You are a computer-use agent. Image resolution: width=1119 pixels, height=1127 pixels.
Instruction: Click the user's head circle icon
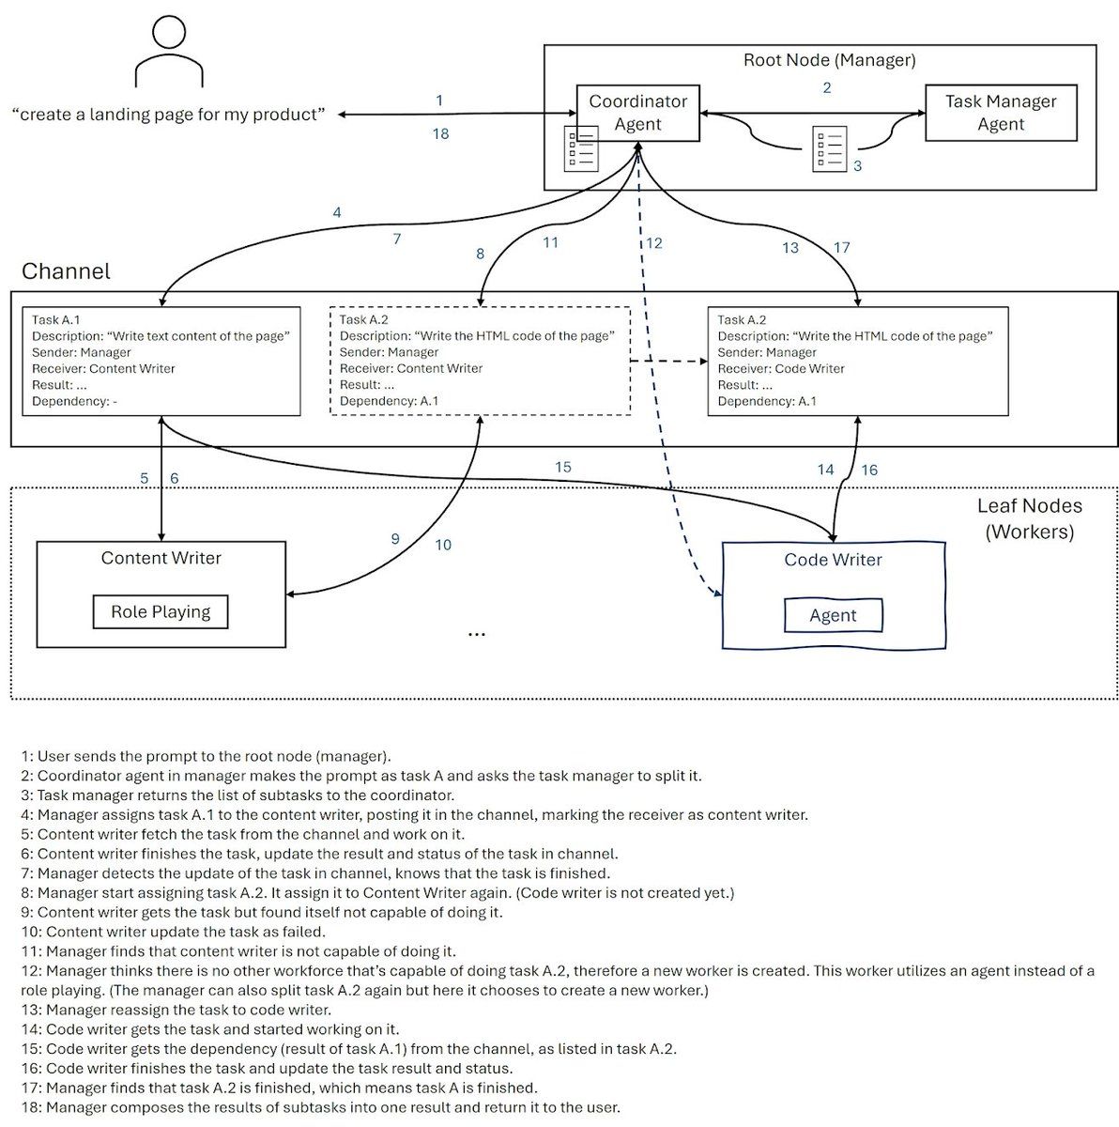[169, 32]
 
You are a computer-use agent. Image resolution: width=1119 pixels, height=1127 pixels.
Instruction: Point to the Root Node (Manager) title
[829, 60]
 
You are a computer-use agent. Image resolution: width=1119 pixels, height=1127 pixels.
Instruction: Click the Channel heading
[66, 271]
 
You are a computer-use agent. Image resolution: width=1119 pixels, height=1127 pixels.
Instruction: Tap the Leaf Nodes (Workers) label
[1029, 518]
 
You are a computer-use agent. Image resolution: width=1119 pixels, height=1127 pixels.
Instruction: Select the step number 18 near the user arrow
[441, 134]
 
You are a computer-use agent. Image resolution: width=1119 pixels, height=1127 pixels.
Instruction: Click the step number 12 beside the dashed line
[653, 243]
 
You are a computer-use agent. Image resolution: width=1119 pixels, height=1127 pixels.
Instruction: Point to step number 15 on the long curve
[562, 468]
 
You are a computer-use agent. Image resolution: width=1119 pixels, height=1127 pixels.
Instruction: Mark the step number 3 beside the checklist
[857, 166]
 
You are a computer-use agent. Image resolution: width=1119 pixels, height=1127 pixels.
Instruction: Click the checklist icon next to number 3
[829, 148]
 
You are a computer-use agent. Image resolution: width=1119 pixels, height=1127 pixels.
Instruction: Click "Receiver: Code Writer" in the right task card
[780, 369]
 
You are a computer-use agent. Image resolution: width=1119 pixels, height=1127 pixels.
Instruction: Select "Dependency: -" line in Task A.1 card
[74, 401]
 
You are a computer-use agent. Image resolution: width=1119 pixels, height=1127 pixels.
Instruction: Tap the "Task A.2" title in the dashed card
[363, 320]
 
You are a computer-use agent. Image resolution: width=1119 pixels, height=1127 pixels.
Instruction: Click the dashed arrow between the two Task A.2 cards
[668, 362]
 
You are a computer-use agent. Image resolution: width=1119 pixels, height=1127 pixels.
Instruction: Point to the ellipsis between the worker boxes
[477, 634]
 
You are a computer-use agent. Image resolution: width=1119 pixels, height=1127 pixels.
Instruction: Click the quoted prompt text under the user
[168, 115]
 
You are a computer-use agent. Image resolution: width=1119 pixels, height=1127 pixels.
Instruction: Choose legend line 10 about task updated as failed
[173, 932]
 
